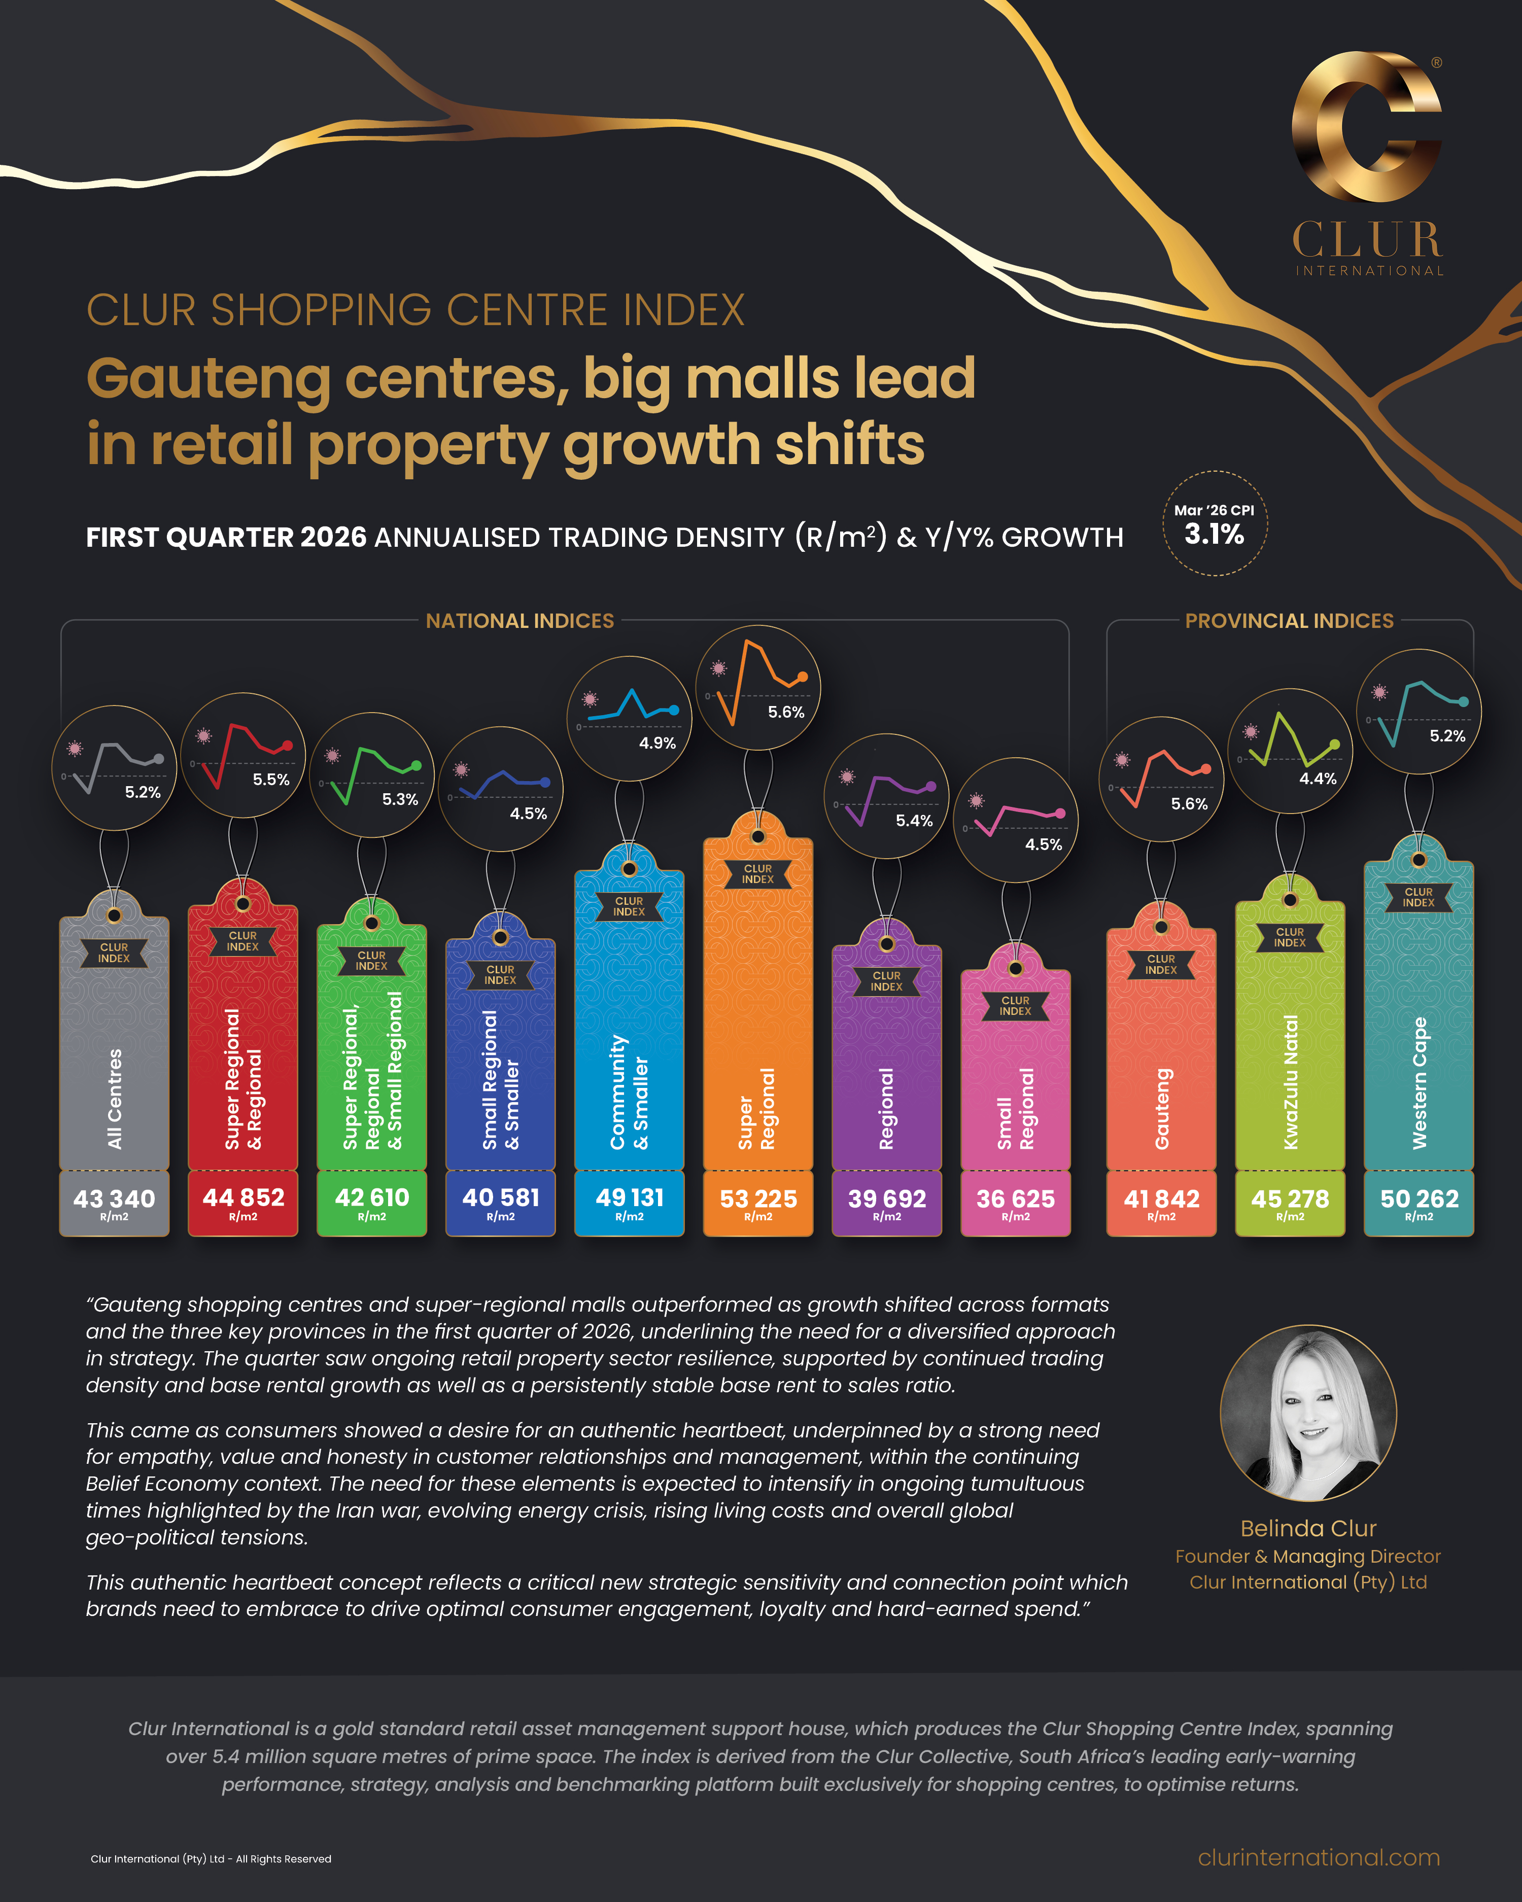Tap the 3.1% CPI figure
pyautogui.click(x=1214, y=535)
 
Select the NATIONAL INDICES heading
pyautogui.click(x=520, y=621)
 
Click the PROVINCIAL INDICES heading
pyautogui.click(x=1289, y=621)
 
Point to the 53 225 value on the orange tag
pyautogui.click(x=758, y=1198)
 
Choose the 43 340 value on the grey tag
pyautogui.click(x=114, y=1198)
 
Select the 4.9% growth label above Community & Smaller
pyautogui.click(x=658, y=744)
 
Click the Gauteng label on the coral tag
pyautogui.click(x=1162, y=1109)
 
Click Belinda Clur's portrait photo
pyautogui.click(x=1307, y=1413)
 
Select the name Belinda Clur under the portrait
pyautogui.click(x=1307, y=1529)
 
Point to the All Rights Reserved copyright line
pyautogui.click(x=211, y=1859)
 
